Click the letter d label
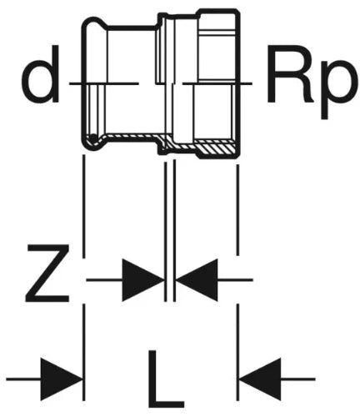tap(41, 73)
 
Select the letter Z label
tap(47, 274)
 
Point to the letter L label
tap(166, 379)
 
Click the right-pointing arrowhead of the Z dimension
tap(142, 279)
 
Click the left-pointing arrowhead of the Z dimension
tap(197, 279)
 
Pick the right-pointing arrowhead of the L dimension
tap(62, 379)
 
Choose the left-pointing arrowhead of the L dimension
tap(260, 379)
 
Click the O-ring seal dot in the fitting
tap(93, 138)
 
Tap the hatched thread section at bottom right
tap(217, 149)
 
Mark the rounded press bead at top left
tap(94, 23)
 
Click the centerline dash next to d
tap(103, 83)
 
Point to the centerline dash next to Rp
tap(217, 83)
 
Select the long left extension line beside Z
tap(83, 206)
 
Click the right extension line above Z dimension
tap(237, 210)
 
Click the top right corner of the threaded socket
tap(239, 11)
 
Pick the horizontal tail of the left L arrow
tap(23, 379)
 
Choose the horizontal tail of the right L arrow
tap(297, 379)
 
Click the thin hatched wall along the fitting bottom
tap(131, 136)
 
